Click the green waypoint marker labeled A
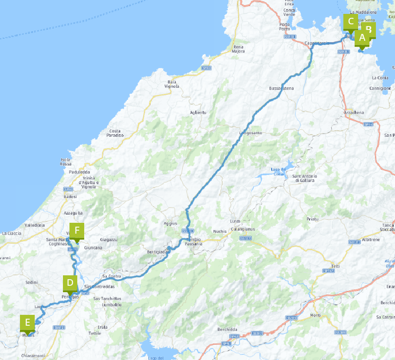coord(362,38)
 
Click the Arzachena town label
coord(353,112)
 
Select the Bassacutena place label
coord(281,89)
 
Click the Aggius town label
coord(171,223)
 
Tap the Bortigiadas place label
coord(158,252)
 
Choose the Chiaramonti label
coord(33,356)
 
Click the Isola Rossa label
coord(66,162)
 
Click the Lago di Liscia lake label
coord(277,172)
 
